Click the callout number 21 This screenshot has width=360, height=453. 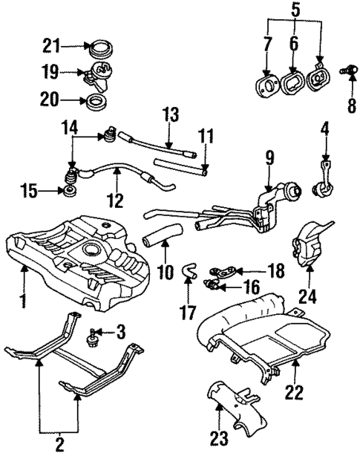50,47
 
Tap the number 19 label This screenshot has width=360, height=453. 50,74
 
